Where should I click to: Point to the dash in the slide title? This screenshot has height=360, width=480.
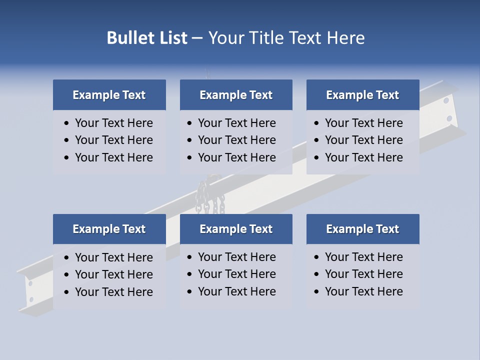pyautogui.click(x=197, y=38)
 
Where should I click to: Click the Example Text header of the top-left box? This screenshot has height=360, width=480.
pyautogui.click(x=109, y=95)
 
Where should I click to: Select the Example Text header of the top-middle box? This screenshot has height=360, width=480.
pyautogui.click(x=236, y=95)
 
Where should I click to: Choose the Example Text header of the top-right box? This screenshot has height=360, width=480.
pyautogui.click(x=362, y=95)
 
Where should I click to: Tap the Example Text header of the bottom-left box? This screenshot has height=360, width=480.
pyautogui.click(x=109, y=229)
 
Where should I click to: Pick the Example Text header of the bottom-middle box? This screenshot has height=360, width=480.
pyautogui.click(x=236, y=229)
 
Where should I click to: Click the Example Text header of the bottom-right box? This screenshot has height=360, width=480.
pyautogui.click(x=362, y=229)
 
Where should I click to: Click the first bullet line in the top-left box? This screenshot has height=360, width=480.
pyautogui.click(x=113, y=123)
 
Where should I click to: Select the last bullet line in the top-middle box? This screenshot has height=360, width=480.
pyautogui.click(x=236, y=157)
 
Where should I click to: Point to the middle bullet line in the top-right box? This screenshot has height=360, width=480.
pyautogui.click(x=363, y=140)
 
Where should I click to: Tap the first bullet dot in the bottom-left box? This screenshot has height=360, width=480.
pyautogui.click(x=67, y=258)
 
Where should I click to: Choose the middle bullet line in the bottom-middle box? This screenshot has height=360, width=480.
pyautogui.click(x=236, y=274)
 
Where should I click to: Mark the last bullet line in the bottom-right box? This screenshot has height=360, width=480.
pyautogui.click(x=363, y=291)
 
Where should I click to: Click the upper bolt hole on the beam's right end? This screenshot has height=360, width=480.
pyautogui.click(x=446, y=100)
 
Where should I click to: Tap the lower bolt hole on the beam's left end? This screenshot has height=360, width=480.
pyautogui.click(x=31, y=299)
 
